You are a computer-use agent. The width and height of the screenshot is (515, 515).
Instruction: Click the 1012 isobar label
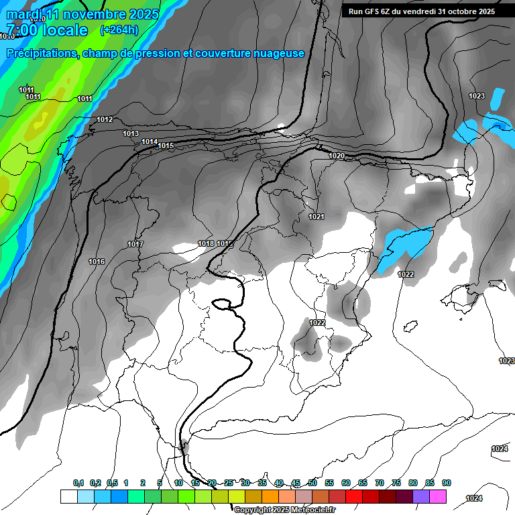[x=105, y=119]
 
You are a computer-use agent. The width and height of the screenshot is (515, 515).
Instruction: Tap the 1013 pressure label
[x=131, y=133]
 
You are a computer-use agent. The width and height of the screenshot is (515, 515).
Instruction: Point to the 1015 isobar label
[x=166, y=146]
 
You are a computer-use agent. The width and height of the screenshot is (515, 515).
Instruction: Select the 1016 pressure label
[x=97, y=262]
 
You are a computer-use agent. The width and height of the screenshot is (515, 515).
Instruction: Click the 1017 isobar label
[x=135, y=244]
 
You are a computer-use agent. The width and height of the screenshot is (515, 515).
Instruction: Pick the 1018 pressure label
[x=206, y=243]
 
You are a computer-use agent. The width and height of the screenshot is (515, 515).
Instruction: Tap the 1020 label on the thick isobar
[x=337, y=156]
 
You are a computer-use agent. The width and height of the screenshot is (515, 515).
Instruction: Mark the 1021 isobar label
[x=317, y=217]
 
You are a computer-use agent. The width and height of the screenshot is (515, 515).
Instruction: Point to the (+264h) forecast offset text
[x=119, y=30]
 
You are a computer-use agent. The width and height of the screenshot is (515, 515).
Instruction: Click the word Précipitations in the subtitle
[x=41, y=54]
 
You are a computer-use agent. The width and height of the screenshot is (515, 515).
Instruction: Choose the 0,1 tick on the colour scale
[x=78, y=483]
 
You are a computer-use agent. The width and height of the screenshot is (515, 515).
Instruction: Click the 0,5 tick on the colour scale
[x=111, y=483]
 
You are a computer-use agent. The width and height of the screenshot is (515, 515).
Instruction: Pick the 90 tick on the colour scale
[x=447, y=483]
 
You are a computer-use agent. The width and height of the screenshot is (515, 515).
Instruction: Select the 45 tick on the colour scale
[x=296, y=483]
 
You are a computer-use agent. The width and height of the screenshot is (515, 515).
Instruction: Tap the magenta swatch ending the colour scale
[x=438, y=496]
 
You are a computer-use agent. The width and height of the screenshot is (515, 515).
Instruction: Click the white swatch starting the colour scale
[x=68, y=496]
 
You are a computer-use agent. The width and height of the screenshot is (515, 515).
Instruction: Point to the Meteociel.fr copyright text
[x=284, y=510]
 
